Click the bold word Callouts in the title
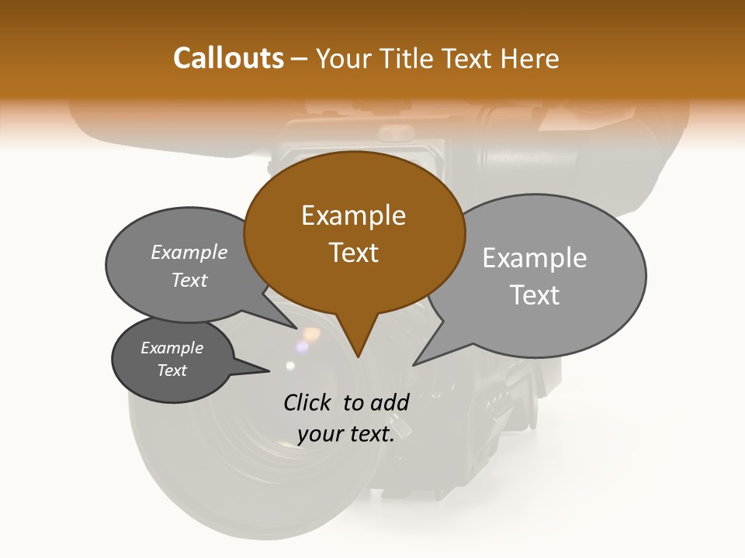click(x=228, y=58)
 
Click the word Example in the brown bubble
click(x=353, y=215)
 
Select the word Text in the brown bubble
click(x=353, y=253)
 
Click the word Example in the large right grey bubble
click(x=535, y=258)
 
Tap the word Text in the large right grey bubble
click(x=535, y=295)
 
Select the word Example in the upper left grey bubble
click(x=189, y=253)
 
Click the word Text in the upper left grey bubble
click(x=189, y=281)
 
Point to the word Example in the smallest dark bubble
click(x=172, y=348)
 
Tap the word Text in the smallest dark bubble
click(x=172, y=370)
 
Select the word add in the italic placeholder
click(x=390, y=402)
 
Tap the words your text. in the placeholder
click(x=345, y=434)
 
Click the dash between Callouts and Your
click(x=300, y=60)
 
